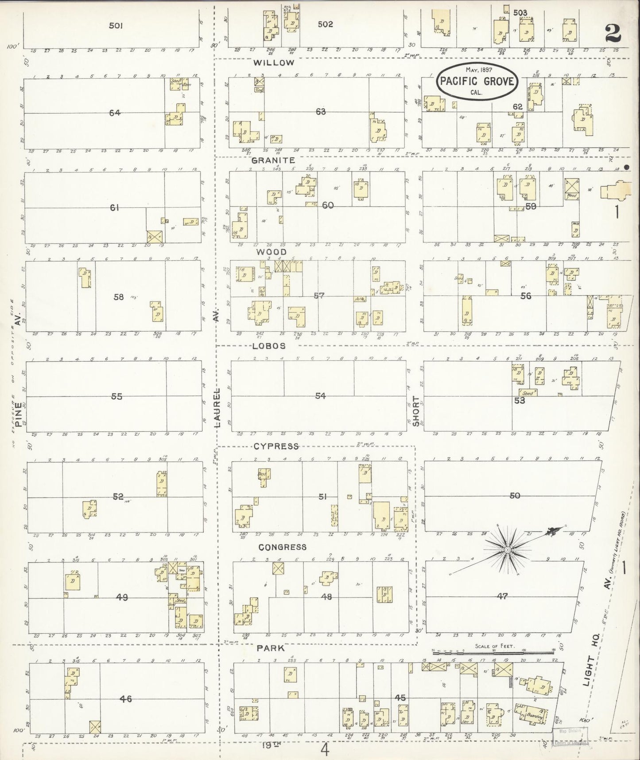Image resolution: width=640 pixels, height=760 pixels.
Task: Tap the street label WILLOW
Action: pyautogui.click(x=274, y=63)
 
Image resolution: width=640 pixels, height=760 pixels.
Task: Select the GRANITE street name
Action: pyautogui.click(x=273, y=161)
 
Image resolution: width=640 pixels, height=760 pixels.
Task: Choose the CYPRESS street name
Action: pyautogui.click(x=276, y=446)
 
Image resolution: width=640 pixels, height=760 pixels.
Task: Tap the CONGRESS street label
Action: pyautogui.click(x=282, y=547)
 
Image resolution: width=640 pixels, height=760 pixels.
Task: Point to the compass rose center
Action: pyautogui.click(x=508, y=550)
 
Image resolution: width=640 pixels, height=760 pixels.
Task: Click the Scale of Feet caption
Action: pyautogui.click(x=494, y=646)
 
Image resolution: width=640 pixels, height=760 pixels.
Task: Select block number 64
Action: pyautogui.click(x=115, y=113)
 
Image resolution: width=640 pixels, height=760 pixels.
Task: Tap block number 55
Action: pyautogui.click(x=116, y=396)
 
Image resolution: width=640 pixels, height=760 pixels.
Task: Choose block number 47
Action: pyautogui.click(x=502, y=596)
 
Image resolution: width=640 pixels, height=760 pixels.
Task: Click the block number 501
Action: pyautogui.click(x=116, y=26)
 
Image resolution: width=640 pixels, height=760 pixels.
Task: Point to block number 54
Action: pyautogui.click(x=320, y=396)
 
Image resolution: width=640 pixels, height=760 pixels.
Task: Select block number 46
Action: pyautogui.click(x=126, y=699)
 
